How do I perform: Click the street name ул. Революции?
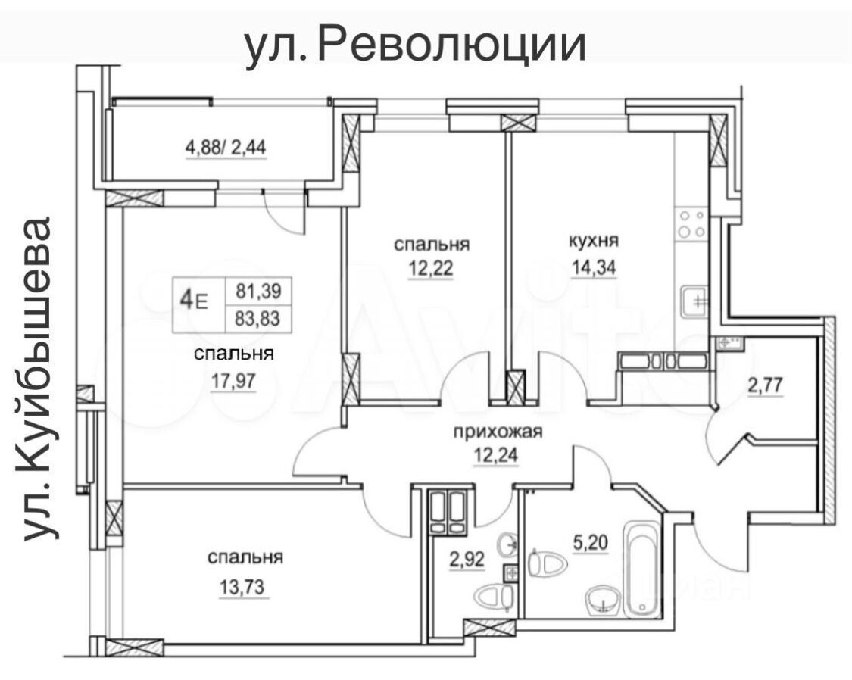click(415, 45)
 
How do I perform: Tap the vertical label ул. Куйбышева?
click(40, 379)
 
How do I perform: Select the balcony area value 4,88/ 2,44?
click(225, 147)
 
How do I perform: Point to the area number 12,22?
click(431, 270)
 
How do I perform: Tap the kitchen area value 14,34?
click(594, 270)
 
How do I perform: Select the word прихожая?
click(498, 432)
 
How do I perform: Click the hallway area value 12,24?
click(497, 457)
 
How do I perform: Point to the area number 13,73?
click(245, 586)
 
